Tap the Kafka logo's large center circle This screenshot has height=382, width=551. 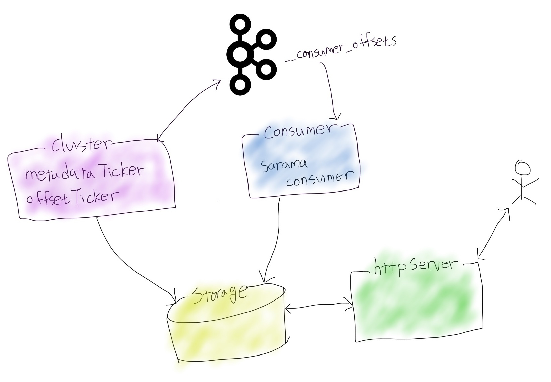[x=240, y=54]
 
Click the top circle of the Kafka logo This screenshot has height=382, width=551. [x=240, y=24]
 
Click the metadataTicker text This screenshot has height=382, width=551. [x=84, y=173]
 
